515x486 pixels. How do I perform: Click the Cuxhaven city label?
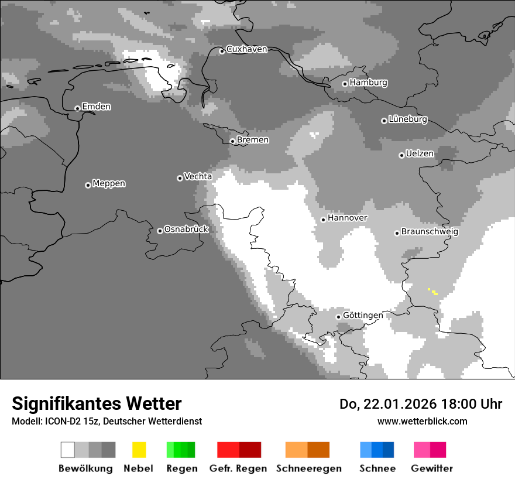click(x=246, y=49)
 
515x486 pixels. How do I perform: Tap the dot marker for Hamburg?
click(x=345, y=84)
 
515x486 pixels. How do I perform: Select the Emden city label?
click(x=96, y=107)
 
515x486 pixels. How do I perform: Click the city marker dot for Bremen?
click(x=232, y=141)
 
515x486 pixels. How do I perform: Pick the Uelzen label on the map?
click(x=420, y=154)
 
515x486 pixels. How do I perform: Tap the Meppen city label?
click(x=109, y=184)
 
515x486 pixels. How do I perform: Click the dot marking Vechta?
click(x=180, y=178)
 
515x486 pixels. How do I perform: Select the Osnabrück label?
click(x=186, y=230)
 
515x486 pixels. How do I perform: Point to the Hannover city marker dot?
click(x=323, y=220)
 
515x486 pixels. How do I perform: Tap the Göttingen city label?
click(x=363, y=316)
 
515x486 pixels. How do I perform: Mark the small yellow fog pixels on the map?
click(x=432, y=291)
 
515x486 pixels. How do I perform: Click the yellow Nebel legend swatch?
click(x=139, y=450)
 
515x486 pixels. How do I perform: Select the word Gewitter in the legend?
click(x=432, y=468)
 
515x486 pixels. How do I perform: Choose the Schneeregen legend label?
click(x=309, y=468)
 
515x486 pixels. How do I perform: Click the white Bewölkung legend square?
click(x=68, y=450)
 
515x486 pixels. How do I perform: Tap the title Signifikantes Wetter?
click(x=97, y=403)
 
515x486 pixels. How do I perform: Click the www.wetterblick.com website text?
click(x=422, y=421)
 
